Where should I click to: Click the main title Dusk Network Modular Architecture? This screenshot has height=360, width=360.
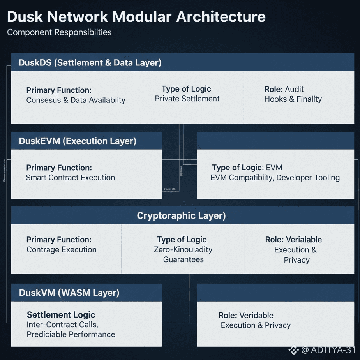(136, 17)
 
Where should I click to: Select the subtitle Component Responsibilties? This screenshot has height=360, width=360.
(59, 32)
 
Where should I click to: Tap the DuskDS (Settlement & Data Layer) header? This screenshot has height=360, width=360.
(90, 62)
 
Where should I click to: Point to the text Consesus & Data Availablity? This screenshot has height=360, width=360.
(76, 100)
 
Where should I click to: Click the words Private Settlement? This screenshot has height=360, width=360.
(187, 99)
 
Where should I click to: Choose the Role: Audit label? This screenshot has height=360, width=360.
(284, 89)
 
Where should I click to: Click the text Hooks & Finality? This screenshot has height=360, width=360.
(293, 99)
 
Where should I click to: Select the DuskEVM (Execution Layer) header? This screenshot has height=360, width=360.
(78, 141)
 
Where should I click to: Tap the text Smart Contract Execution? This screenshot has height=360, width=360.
(71, 178)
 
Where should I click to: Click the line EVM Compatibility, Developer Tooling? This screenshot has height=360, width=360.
(275, 178)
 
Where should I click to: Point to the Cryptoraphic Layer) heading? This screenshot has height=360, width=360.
(181, 215)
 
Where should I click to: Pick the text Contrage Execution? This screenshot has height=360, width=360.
(62, 250)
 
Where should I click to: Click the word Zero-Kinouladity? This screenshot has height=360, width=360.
(183, 250)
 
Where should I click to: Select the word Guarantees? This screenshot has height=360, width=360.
(183, 259)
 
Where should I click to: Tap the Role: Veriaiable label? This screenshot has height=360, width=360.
(293, 240)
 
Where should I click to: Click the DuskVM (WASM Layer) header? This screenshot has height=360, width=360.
(69, 293)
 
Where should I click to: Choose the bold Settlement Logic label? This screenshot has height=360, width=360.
(61, 315)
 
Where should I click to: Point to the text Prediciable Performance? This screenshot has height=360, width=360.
(71, 334)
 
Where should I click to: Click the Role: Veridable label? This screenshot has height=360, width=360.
(246, 315)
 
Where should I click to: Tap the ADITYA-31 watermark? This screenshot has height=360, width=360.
(333, 350)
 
